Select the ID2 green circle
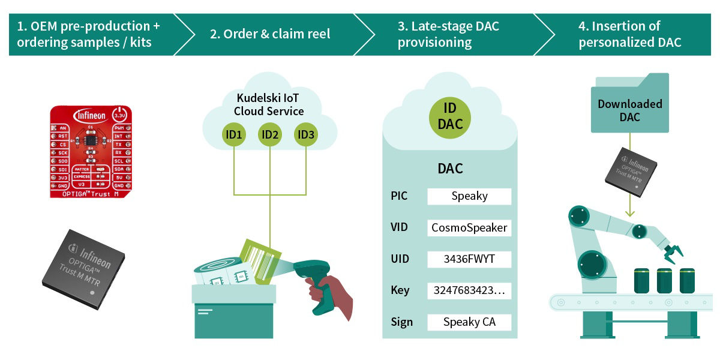click(x=270, y=135)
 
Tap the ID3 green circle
click(x=305, y=135)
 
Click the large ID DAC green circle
click(x=450, y=116)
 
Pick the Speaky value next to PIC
click(x=469, y=196)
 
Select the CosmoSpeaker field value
click(x=469, y=228)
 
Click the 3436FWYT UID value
click(x=469, y=259)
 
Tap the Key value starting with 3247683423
click(x=469, y=291)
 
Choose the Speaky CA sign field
click(x=469, y=322)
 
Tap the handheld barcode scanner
click(x=318, y=282)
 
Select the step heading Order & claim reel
click(x=270, y=34)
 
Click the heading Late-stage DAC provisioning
click(x=448, y=34)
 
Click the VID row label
click(x=400, y=228)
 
